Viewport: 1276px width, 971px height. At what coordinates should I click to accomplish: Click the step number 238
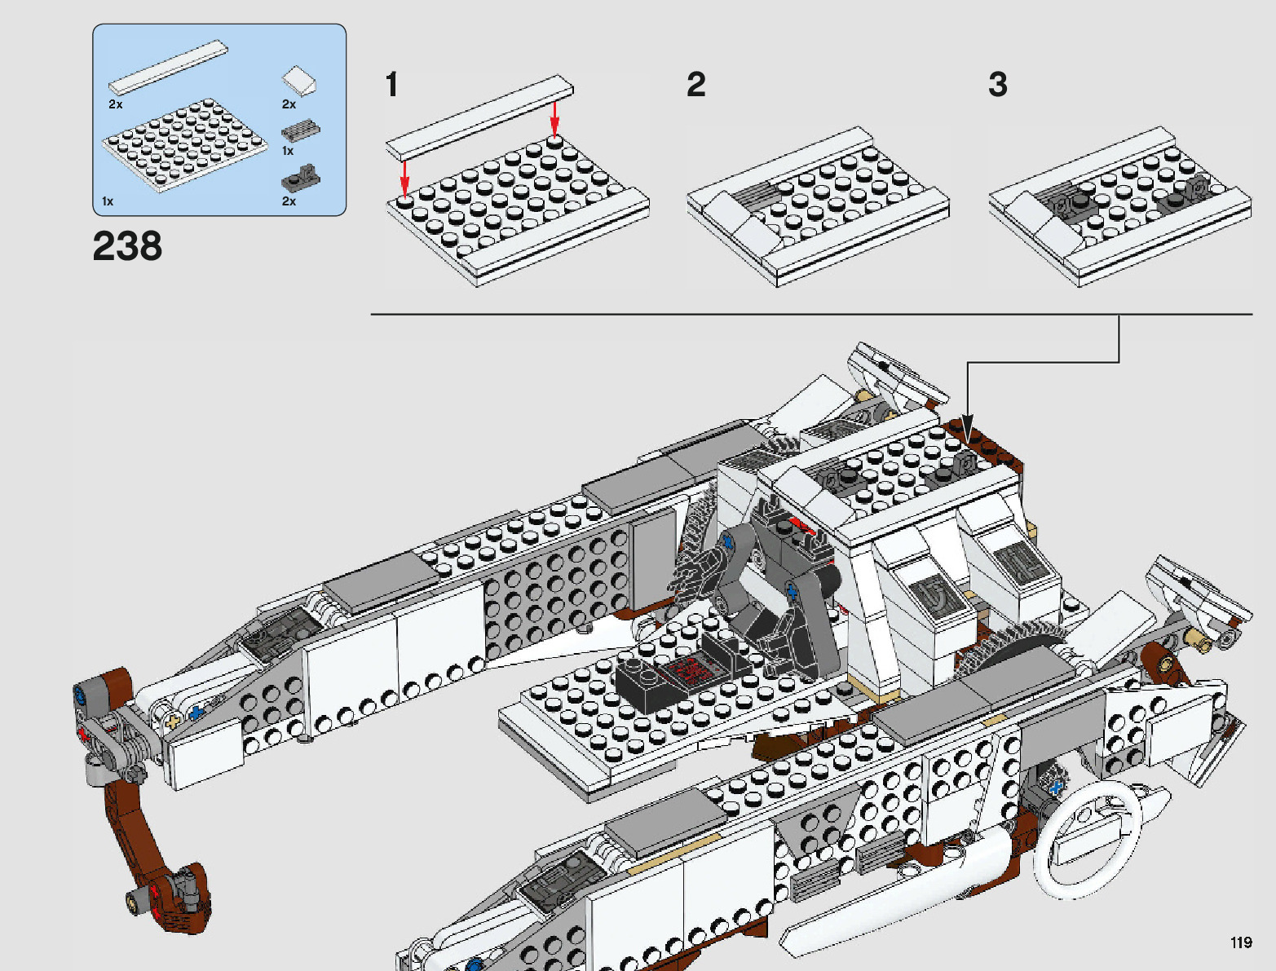pyautogui.click(x=127, y=245)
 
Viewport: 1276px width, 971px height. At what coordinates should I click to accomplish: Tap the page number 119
pyautogui.click(x=1240, y=942)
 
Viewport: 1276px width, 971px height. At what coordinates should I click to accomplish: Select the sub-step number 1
pyautogui.click(x=392, y=85)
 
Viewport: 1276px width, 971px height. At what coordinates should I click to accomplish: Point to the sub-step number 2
pyautogui.click(x=695, y=85)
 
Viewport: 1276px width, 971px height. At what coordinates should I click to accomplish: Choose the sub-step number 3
pyautogui.click(x=998, y=85)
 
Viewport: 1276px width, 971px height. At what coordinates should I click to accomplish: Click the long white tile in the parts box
pyautogui.click(x=168, y=68)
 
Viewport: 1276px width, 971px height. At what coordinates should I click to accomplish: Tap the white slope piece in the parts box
pyautogui.click(x=300, y=81)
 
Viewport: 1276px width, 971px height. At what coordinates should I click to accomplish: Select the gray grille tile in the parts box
pyautogui.click(x=300, y=130)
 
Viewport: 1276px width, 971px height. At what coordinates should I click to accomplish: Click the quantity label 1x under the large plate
pyautogui.click(x=108, y=201)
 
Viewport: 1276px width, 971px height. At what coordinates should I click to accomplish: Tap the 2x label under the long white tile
pyautogui.click(x=116, y=104)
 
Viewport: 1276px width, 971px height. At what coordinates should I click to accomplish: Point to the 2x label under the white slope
pyautogui.click(x=289, y=104)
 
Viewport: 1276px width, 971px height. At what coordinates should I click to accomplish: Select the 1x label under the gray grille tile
pyautogui.click(x=288, y=151)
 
